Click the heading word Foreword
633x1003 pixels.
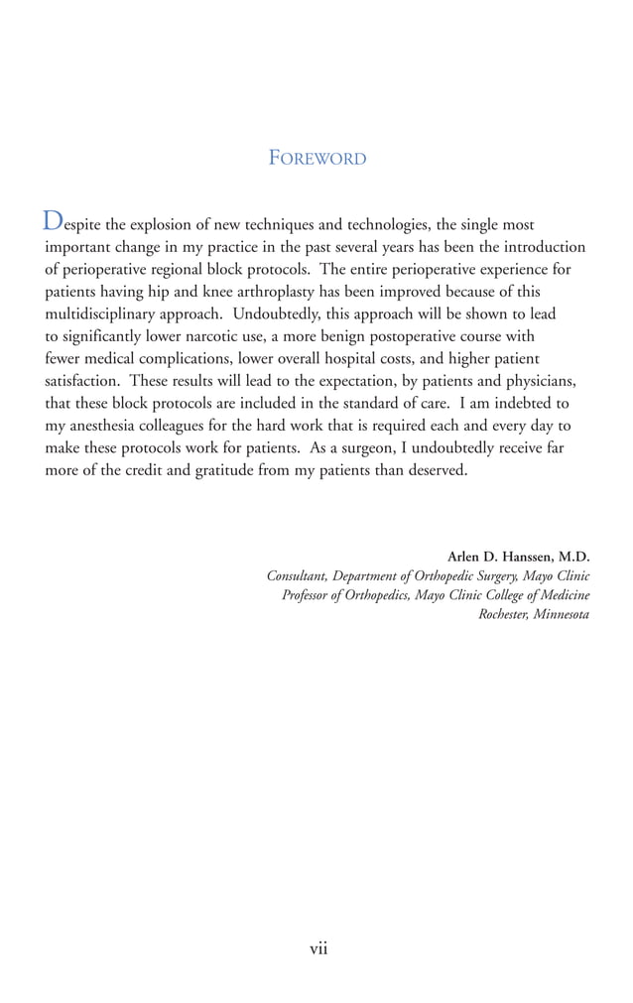pos(317,158)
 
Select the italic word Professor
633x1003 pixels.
pos(309,595)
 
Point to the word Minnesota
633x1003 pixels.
pos(562,614)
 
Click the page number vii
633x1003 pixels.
pos(317,949)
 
